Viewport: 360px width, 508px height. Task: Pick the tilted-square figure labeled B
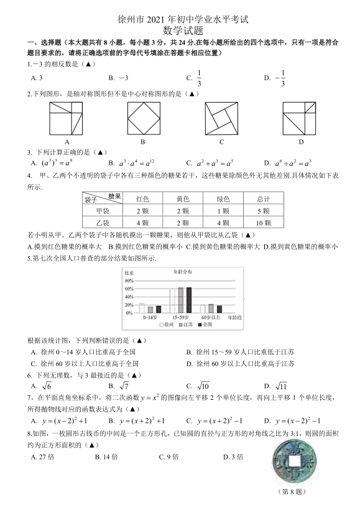pyautogui.click(x=143, y=119)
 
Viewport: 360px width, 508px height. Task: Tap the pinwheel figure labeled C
pyautogui.click(x=222, y=119)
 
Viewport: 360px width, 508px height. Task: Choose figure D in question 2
pyautogui.click(x=300, y=119)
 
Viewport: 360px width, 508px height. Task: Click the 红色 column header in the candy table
pyautogui.click(x=142, y=199)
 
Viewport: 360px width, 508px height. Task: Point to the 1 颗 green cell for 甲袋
pyautogui.click(x=223, y=211)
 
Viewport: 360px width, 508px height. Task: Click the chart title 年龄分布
pyautogui.click(x=182, y=272)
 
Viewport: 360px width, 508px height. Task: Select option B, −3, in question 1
pyautogui.click(x=118, y=78)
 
